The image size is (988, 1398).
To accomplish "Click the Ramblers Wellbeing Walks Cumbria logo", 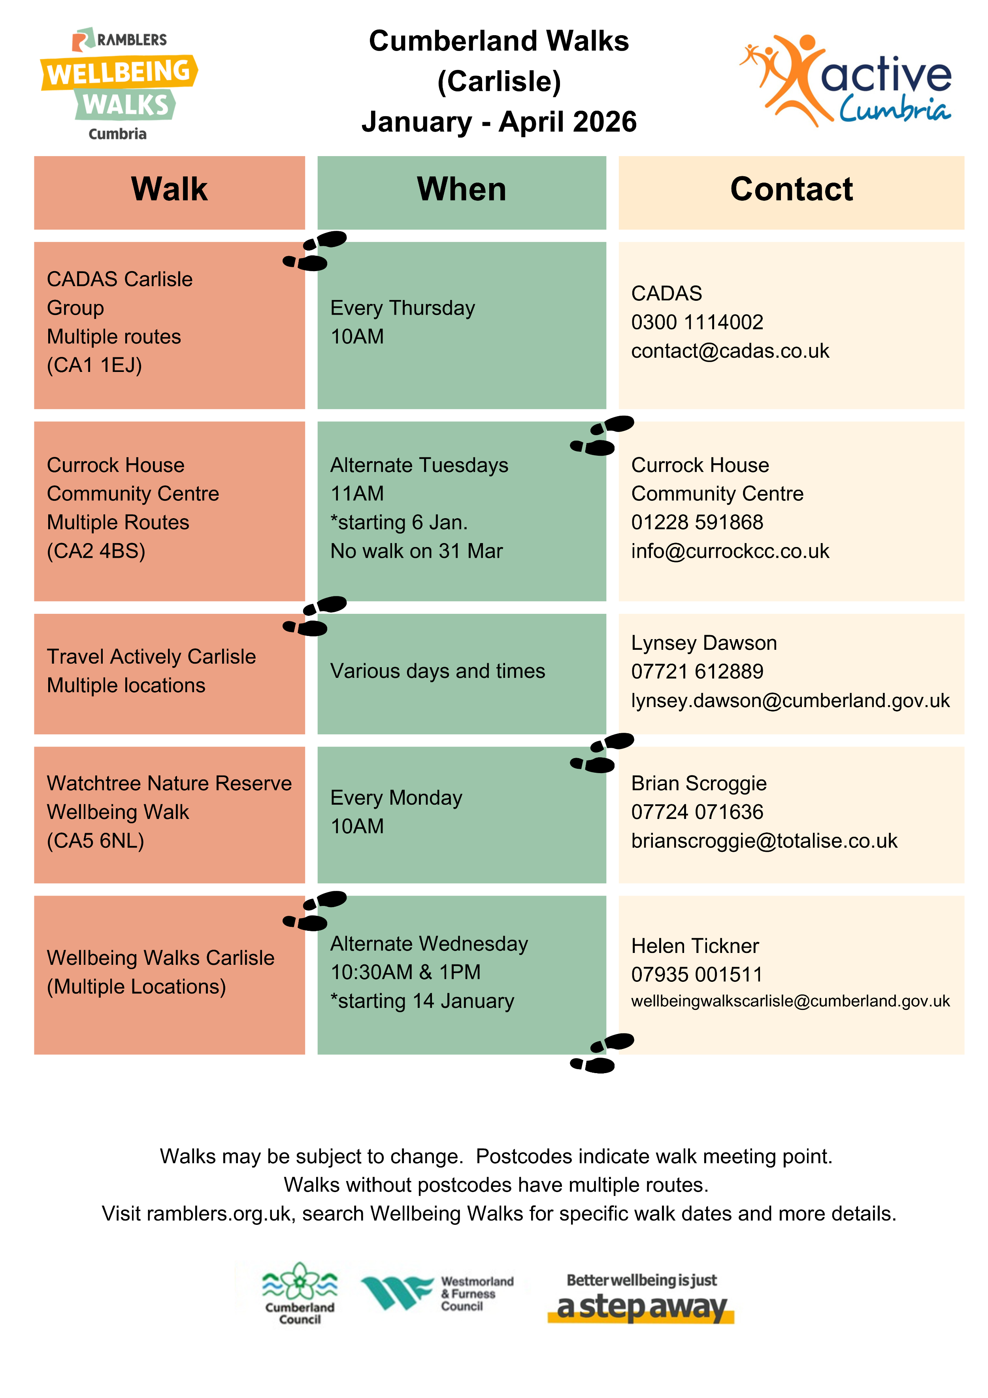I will coord(119,84).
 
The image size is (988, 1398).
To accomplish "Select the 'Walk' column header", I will coord(169,189).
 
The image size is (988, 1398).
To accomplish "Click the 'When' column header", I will coord(462,189).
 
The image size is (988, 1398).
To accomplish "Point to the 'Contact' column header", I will coord(791,189).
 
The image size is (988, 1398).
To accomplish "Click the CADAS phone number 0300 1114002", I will coord(697,322).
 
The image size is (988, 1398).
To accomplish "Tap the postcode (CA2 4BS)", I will coord(96,551).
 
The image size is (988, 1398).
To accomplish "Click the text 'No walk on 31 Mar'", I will coord(417,551).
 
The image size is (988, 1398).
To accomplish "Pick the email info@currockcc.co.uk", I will coord(730,551).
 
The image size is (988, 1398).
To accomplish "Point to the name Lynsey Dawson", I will coord(704,643).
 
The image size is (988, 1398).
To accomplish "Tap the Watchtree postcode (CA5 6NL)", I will coord(96,841).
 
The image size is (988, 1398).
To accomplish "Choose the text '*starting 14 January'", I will coord(422,1001).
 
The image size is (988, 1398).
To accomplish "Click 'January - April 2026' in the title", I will coord(499,122).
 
